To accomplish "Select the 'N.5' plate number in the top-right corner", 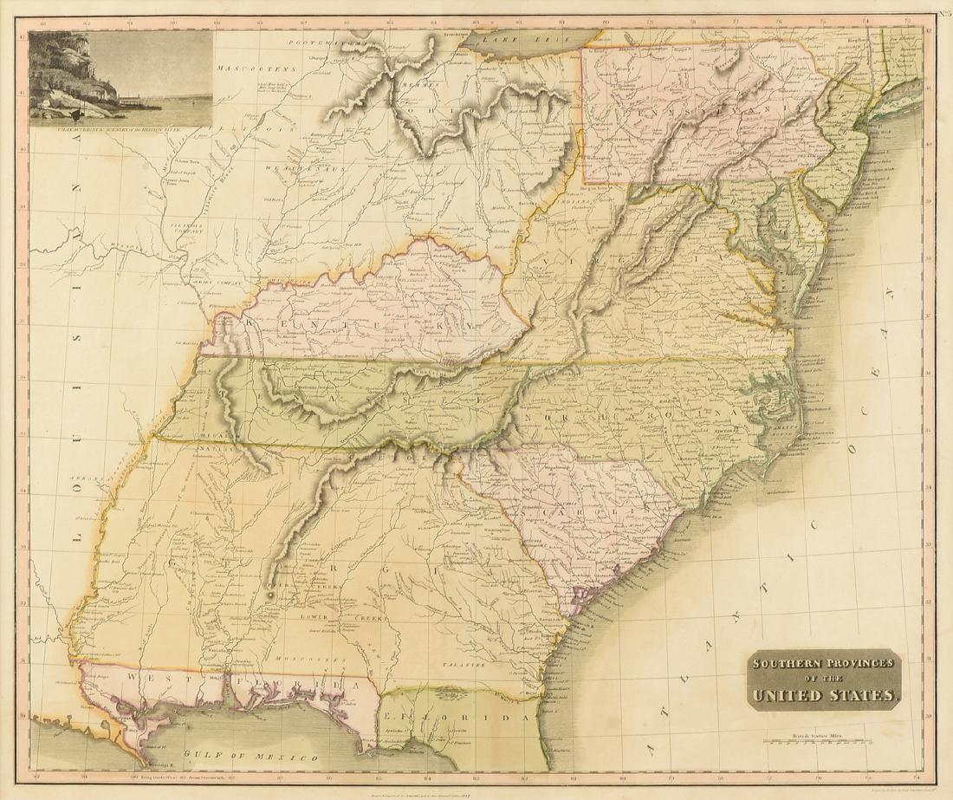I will [942, 13].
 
